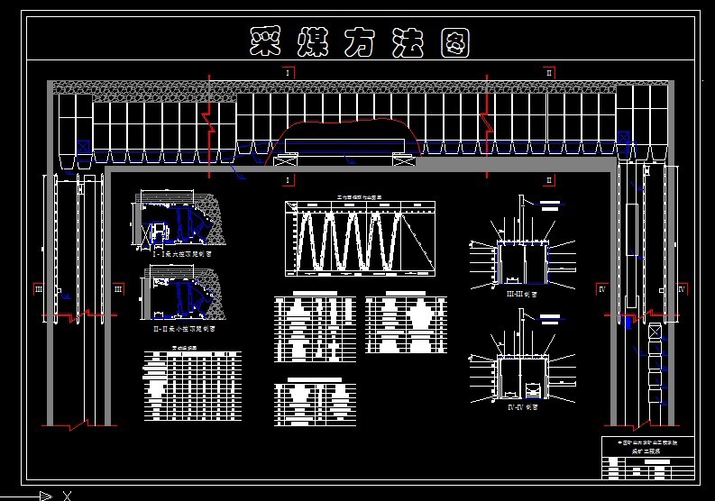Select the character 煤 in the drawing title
[x=315, y=41]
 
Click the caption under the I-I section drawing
[x=184, y=255]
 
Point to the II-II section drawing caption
[x=183, y=330]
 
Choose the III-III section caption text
[x=521, y=294]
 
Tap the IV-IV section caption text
[x=521, y=406]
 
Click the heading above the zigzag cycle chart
[x=359, y=196]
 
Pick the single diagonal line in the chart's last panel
[x=417, y=239]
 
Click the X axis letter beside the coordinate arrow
[x=67, y=495]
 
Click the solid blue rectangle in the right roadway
[x=628, y=322]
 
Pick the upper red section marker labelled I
[x=287, y=70]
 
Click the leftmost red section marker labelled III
[x=38, y=288]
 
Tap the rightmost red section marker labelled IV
[x=682, y=288]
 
